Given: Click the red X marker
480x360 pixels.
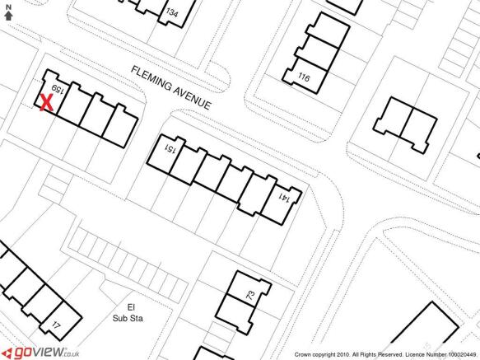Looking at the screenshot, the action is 47,103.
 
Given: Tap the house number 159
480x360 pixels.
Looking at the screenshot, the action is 58,90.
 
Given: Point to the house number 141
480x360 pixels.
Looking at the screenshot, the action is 284,198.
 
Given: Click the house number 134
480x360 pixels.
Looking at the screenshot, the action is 172,12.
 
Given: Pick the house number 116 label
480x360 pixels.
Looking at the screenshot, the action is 304,77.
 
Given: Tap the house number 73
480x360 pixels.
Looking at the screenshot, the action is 250,295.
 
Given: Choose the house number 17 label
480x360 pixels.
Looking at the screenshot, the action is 55,325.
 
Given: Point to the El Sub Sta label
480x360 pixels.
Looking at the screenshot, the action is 128,312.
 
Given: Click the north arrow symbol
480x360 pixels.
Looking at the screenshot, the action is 8,16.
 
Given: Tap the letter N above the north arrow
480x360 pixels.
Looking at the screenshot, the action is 8,7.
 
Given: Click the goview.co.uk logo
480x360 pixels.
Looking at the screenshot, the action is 42,353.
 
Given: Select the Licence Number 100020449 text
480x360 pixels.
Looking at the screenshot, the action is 440,355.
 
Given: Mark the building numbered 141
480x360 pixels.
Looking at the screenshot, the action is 282,204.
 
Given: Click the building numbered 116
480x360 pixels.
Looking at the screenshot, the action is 307,75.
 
